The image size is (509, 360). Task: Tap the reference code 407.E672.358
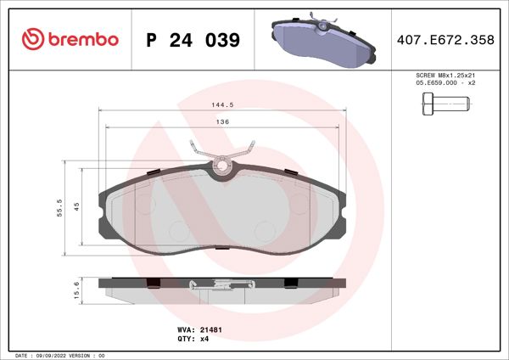445,41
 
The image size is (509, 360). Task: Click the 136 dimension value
222,122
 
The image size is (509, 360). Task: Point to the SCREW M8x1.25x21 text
445,76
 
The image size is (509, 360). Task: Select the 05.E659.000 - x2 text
445,84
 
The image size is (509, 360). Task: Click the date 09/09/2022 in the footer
57,355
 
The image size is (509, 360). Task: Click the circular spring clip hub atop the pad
222,166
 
